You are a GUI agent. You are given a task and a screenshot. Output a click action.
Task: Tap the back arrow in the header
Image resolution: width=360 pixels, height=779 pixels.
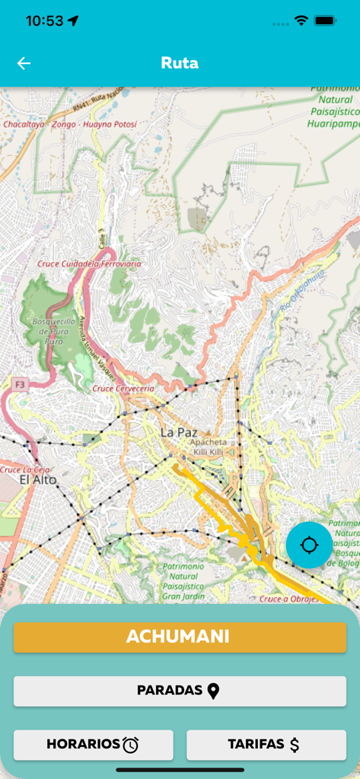[x=24, y=63]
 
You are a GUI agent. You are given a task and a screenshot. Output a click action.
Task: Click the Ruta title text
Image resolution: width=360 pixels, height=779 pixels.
[x=180, y=63]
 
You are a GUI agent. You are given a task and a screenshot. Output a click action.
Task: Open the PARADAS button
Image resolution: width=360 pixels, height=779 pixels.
[x=180, y=691]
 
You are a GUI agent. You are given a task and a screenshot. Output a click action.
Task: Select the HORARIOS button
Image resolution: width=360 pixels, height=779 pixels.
[x=94, y=745]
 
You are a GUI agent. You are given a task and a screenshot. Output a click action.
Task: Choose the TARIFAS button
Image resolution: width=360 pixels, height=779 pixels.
[x=266, y=745]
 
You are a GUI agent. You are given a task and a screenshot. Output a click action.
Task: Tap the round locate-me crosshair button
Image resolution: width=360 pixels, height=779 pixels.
[x=309, y=545]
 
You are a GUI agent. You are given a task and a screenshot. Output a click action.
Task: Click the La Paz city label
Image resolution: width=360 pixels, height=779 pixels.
[x=179, y=432]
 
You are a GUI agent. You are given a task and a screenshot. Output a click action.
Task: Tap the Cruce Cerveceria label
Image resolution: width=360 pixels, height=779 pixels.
[x=123, y=389]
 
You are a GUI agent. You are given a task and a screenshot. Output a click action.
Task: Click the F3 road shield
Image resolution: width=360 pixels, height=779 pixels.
[x=19, y=385]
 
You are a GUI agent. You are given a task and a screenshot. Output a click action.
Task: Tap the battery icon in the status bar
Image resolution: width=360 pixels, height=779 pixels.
[x=325, y=21]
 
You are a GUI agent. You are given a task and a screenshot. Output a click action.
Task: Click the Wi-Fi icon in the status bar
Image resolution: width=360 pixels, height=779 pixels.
[x=301, y=21]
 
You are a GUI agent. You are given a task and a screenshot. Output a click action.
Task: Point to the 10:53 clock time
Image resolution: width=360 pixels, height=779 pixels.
[x=44, y=21]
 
